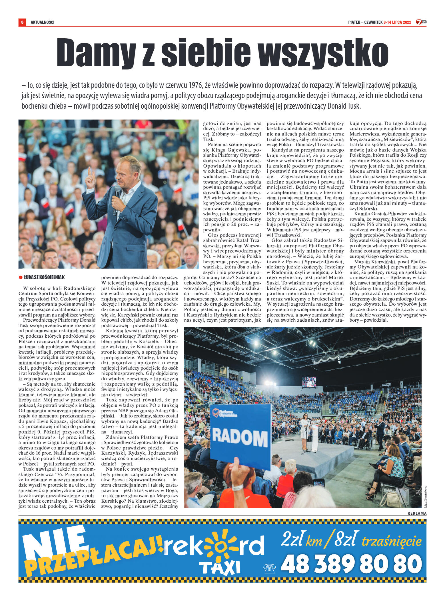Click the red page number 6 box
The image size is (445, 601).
pos(22,22)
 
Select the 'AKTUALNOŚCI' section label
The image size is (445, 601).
pos(43,22)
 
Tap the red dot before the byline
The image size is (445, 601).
pos(20,277)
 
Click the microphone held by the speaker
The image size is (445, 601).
pos(117,197)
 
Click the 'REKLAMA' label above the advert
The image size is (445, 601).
pos(417,513)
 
